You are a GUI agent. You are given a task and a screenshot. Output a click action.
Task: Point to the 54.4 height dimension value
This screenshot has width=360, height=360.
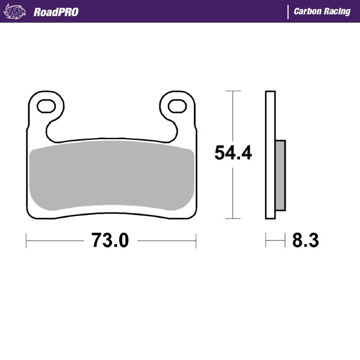click(233, 154)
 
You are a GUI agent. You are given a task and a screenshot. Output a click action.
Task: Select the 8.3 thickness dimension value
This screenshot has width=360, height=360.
click(305, 241)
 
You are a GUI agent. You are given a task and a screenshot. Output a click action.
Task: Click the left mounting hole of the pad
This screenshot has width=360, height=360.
click(46, 106)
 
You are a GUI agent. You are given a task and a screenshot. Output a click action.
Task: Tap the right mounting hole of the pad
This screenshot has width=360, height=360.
click(176, 106)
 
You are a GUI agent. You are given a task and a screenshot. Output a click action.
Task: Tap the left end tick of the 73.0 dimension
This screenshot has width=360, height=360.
click(27, 241)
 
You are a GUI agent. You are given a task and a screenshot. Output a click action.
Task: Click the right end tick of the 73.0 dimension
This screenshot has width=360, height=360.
click(196, 241)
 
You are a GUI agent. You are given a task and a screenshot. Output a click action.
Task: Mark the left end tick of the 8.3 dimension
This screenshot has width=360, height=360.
click(266, 241)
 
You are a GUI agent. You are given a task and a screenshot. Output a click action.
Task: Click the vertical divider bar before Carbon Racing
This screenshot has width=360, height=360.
click(289, 11)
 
